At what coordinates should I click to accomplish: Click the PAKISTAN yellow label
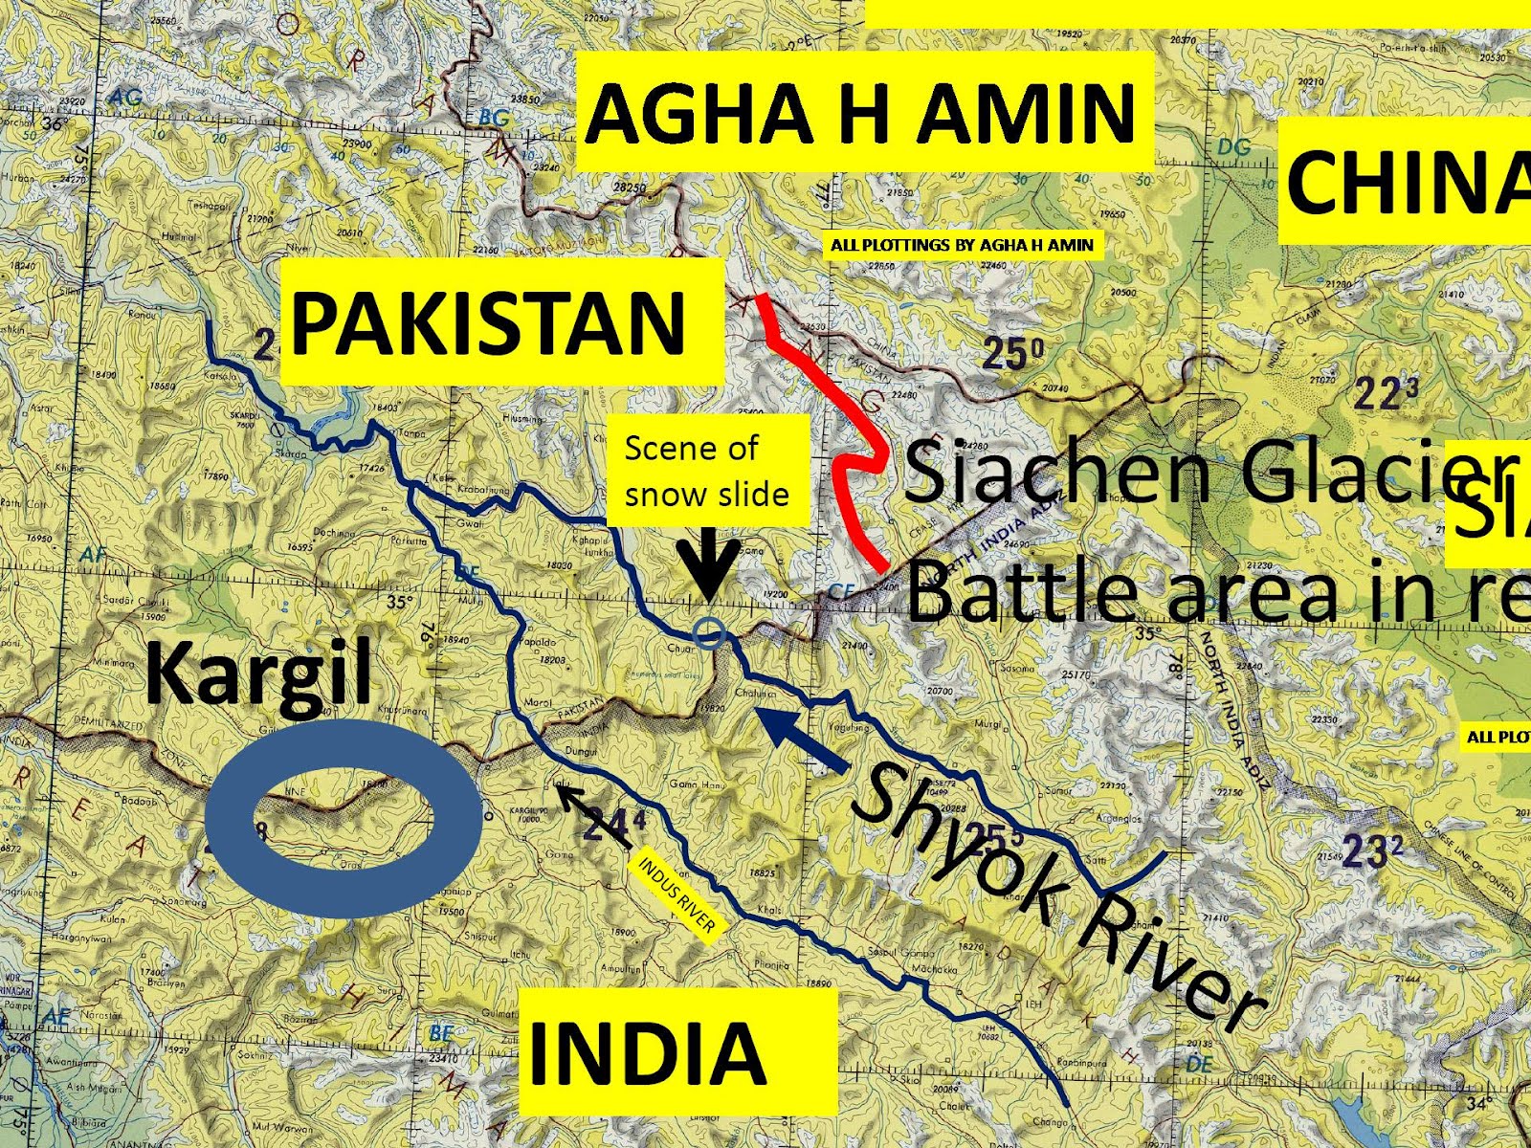coord(488,322)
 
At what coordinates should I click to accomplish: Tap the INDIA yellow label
coord(647,1052)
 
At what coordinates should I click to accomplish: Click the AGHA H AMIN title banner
coord(861,112)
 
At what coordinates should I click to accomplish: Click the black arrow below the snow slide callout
coord(708,569)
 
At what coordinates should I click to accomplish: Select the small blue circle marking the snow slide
coord(709,631)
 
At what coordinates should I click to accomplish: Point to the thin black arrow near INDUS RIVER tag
coord(593,816)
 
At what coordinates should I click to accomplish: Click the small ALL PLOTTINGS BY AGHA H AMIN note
coord(962,245)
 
